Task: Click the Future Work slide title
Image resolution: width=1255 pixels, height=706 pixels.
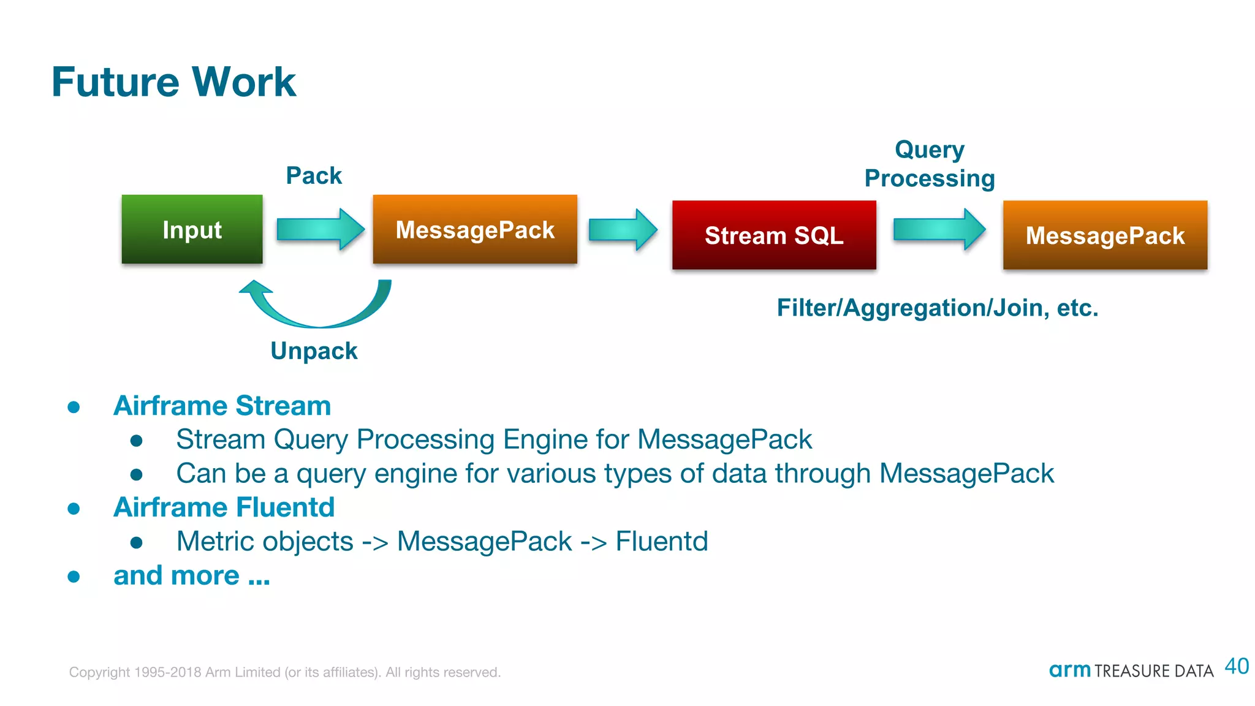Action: tap(173, 82)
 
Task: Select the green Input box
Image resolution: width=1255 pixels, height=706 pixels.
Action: tap(192, 230)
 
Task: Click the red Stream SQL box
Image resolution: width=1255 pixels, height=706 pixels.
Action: tap(774, 235)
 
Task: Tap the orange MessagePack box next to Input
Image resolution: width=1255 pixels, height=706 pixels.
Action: tap(475, 230)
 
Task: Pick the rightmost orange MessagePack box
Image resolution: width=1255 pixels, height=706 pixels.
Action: tap(1105, 235)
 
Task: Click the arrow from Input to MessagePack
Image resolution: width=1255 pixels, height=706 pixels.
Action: tap(319, 229)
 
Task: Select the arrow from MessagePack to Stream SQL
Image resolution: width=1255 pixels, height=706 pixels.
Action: tap(623, 230)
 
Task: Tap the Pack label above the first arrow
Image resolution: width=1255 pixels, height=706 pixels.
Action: tap(314, 176)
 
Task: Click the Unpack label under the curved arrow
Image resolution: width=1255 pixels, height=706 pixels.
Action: tap(314, 351)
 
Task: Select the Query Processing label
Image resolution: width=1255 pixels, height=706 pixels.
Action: tap(930, 164)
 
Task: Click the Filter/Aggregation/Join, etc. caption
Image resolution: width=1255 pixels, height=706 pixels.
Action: tap(938, 308)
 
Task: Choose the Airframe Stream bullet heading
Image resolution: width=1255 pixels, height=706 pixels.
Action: tap(222, 406)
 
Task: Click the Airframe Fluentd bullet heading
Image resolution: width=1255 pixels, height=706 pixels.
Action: tap(224, 507)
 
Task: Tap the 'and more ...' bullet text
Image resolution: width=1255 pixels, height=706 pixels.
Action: tap(192, 575)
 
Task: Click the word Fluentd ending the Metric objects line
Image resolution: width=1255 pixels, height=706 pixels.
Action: tap(662, 542)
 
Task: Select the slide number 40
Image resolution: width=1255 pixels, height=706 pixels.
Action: tap(1237, 666)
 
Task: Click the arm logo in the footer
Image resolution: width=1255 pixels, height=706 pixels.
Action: tap(1070, 670)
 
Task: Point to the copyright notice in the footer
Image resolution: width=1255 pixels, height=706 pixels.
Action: tap(285, 672)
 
